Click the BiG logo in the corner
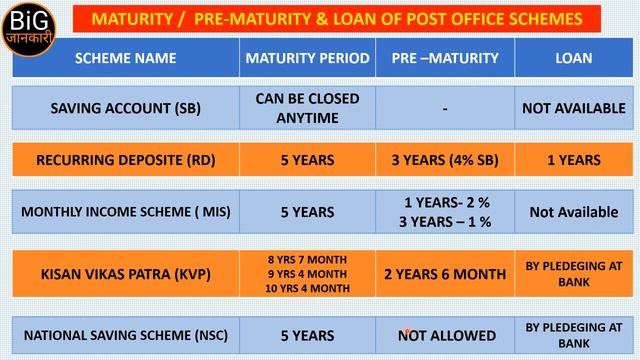(x=32, y=27)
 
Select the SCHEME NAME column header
(x=124, y=58)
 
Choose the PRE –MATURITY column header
(x=445, y=58)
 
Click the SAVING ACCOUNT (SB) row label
(x=124, y=107)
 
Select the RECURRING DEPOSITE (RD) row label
(x=124, y=160)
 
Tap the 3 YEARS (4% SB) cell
(x=445, y=160)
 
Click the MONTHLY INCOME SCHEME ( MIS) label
(x=124, y=212)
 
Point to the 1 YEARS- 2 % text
(x=445, y=203)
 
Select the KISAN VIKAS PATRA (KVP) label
(x=124, y=273)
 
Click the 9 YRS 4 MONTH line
(x=307, y=273)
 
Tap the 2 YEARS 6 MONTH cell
(x=445, y=273)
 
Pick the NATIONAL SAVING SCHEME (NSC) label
(x=124, y=335)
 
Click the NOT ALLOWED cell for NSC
(x=445, y=335)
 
